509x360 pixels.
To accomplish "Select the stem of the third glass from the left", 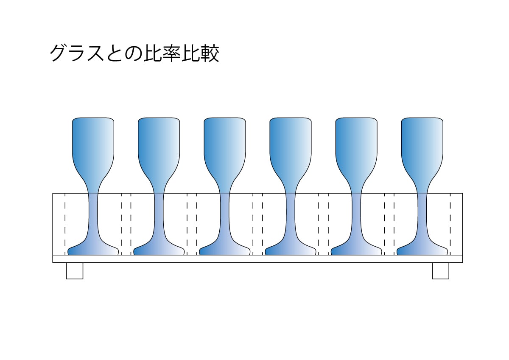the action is [225, 212].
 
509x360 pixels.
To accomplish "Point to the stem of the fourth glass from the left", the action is [291, 212].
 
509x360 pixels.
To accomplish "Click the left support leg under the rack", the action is [75, 271].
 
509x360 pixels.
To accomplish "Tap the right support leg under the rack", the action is [440, 271].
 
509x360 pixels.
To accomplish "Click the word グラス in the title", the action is [77, 54].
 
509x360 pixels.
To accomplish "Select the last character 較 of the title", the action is [210, 54].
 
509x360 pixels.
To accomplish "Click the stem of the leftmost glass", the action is [93, 212].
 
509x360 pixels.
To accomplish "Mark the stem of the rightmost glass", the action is [422, 212].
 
